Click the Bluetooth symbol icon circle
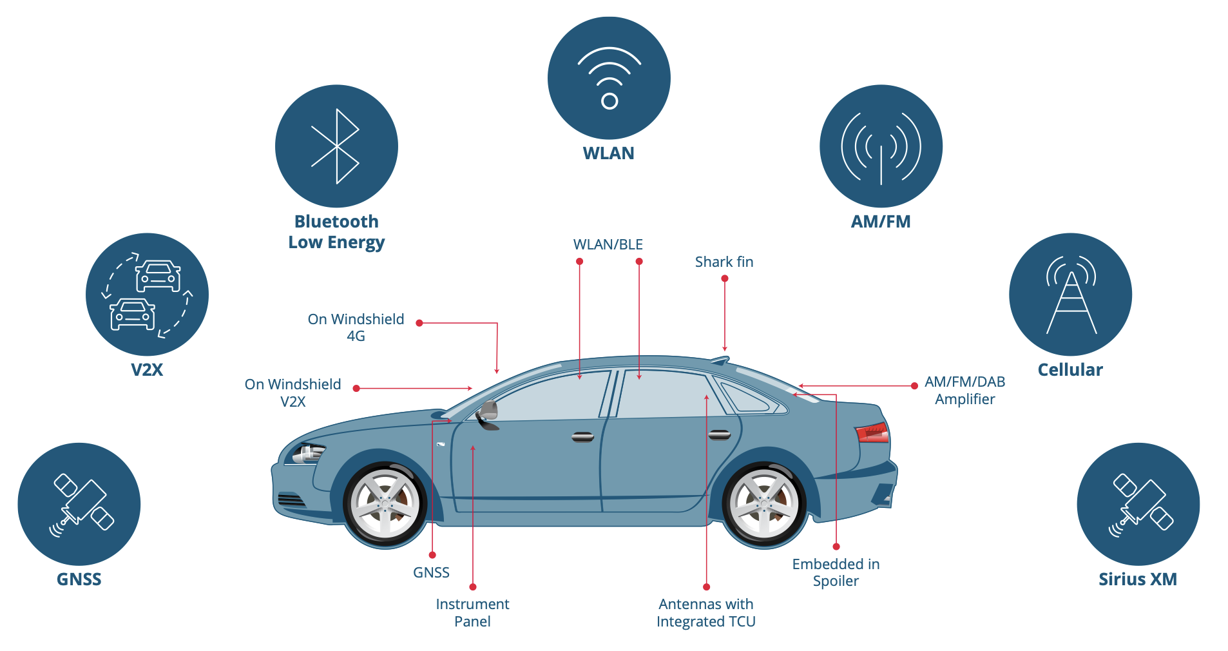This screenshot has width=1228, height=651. click(x=336, y=146)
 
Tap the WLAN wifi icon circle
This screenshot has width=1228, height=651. click(x=609, y=78)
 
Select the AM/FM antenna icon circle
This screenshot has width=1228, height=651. click(x=881, y=146)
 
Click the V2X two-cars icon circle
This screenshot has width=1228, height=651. click(x=147, y=295)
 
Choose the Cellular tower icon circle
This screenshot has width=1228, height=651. click(x=1070, y=295)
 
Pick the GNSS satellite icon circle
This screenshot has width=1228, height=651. click(x=79, y=504)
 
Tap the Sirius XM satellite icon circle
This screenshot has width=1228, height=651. click(x=1138, y=504)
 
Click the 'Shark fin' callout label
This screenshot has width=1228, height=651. click(x=724, y=262)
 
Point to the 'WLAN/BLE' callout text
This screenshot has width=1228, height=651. click(x=608, y=244)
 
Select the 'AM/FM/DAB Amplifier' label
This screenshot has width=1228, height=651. click(x=964, y=390)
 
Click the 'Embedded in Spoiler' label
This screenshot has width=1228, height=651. click(x=836, y=572)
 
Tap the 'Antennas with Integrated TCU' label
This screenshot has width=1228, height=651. click(x=705, y=612)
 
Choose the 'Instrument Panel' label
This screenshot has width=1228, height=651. click(x=472, y=612)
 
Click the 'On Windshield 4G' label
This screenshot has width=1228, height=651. click(x=356, y=327)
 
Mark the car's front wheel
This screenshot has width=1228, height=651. click(x=385, y=505)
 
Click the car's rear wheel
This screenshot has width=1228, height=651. click(x=764, y=505)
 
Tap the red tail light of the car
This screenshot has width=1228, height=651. click(x=872, y=432)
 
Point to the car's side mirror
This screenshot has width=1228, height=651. click(x=488, y=413)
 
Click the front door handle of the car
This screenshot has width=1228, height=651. click(x=582, y=437)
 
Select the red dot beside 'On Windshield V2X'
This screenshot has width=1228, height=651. click(x=356, y=389)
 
